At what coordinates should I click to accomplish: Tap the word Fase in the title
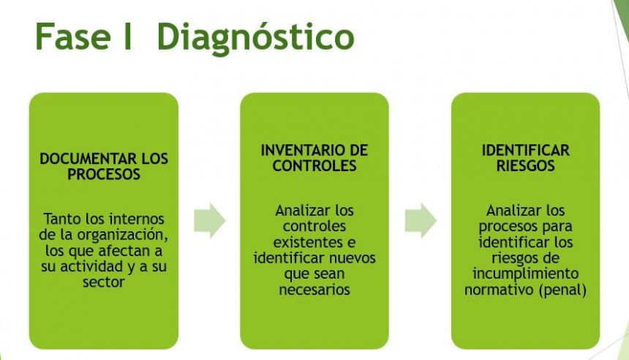(73, 37)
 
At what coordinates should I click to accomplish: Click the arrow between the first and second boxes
(210, 220)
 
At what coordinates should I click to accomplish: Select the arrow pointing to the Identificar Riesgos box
(421, 220)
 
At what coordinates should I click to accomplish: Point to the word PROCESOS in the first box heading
(104, 174)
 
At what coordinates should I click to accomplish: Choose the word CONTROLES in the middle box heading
(314, 166)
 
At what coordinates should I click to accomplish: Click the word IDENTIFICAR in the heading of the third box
(525, 150)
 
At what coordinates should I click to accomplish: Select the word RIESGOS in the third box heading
(525, 166)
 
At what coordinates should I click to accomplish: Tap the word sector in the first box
(104, 282)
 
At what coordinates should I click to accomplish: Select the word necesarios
(314, 289)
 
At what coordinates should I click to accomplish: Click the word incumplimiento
(525, 274)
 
